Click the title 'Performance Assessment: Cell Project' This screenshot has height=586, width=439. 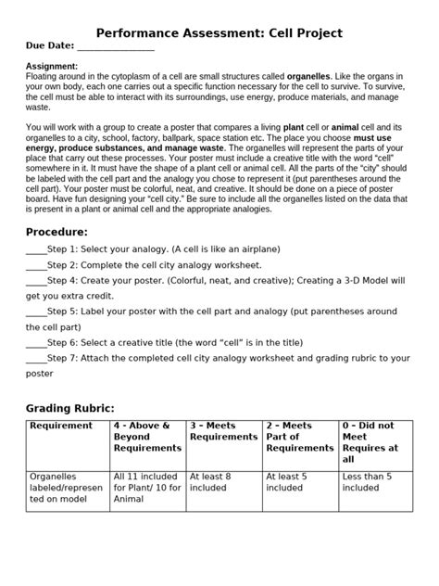click(219, 33)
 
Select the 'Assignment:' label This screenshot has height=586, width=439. click(50, 67)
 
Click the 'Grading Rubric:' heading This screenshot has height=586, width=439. click(70, 407)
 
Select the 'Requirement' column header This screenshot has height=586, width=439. click(61, 426)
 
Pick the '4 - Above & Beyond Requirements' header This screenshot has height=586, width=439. click(146, 437)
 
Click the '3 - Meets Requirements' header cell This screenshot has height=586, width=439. click(222, 431)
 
